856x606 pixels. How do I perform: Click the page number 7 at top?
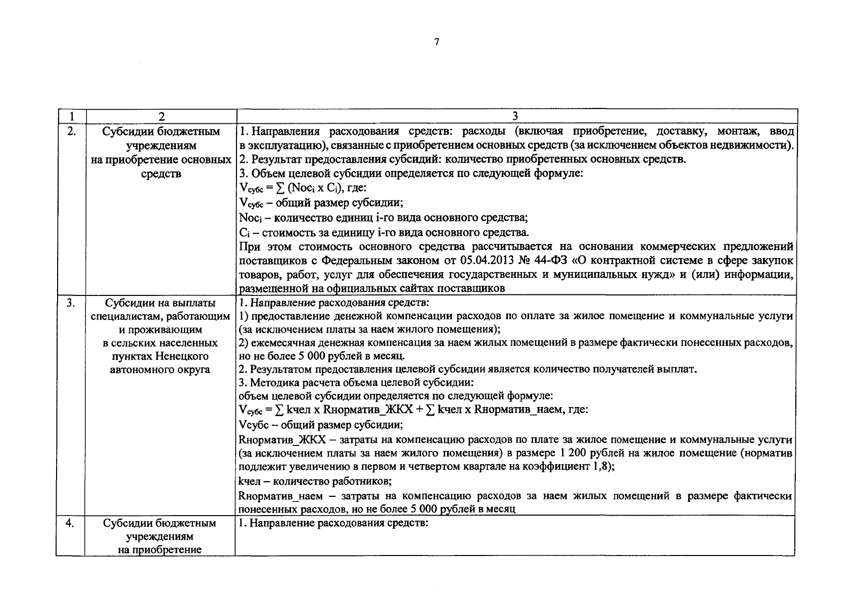[437, 42]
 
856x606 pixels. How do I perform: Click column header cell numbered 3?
[515, 116]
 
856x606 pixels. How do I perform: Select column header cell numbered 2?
[161, 116]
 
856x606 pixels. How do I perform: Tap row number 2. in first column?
[71, 132]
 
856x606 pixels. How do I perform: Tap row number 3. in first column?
[71, 303]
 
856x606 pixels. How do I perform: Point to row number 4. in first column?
[71, 523]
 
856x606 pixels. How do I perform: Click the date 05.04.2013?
[487, 261]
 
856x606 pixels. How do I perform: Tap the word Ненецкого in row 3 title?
[182, 356]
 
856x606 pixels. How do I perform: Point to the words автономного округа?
[160, 369]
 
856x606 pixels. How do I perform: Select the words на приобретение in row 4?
[160, 550]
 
